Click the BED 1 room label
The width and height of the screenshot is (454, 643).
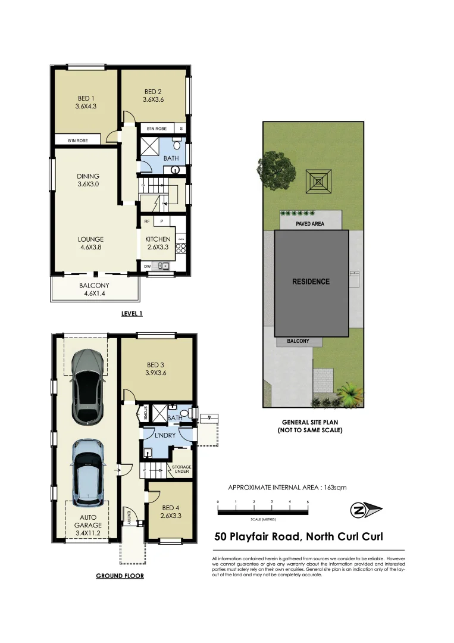point(86,98)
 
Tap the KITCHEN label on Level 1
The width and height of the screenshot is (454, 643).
point(158,239)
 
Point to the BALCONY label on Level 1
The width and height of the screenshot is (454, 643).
point(94,285)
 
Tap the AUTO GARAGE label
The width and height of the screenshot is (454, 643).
point(88,522)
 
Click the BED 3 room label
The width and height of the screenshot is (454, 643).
point(156,365)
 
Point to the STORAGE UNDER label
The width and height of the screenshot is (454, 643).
point(181,469)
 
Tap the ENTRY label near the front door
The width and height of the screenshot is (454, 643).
point(129,516)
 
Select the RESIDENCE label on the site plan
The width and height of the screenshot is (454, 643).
point(310,282)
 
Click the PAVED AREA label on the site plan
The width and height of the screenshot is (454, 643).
point(310,224)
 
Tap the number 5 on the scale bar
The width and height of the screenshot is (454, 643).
point(308,502)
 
